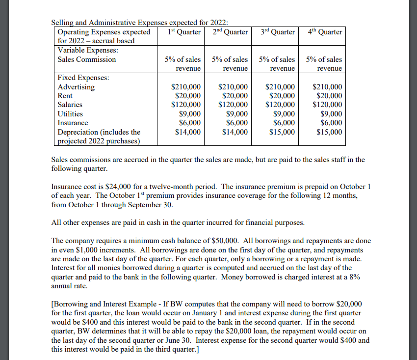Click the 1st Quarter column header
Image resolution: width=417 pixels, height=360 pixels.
[x=184, y=32]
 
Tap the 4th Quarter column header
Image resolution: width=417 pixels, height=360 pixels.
[x=325, y=32]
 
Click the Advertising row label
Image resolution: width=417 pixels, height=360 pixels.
[x=76, y=87]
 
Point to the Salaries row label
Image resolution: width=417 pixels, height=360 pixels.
[x=70, y=105]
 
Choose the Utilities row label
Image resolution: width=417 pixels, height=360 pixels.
[x=70, y=113]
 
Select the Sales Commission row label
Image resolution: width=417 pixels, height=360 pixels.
[x=87, y=59]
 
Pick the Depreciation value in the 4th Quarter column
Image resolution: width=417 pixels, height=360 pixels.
[x=329, y=132]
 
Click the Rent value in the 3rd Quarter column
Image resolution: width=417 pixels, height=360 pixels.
[x=282, y=96]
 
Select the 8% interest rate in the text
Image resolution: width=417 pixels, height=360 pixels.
[x=354, y=277]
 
